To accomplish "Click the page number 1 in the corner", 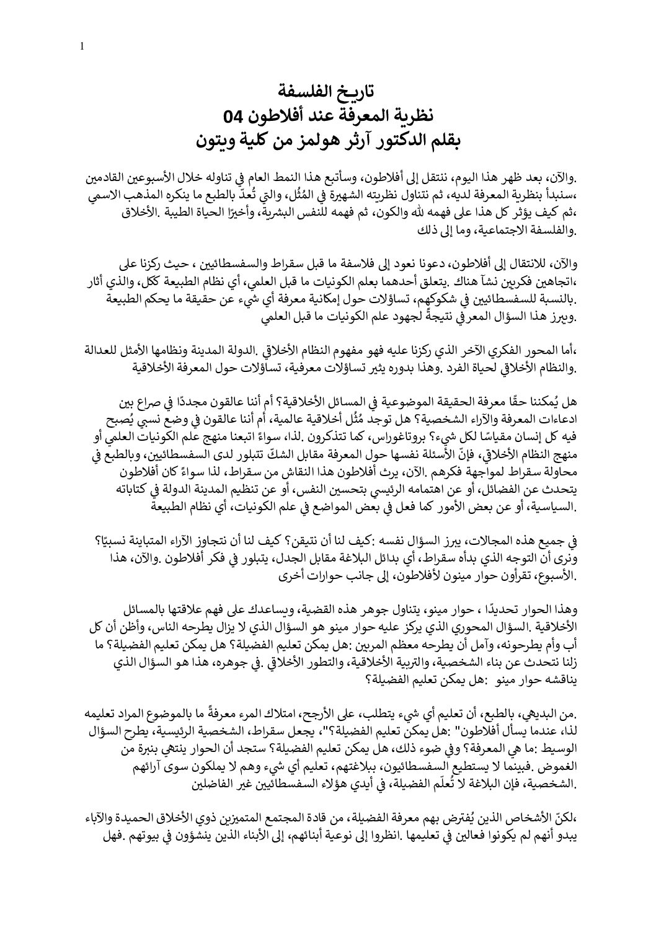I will [82, 45].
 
